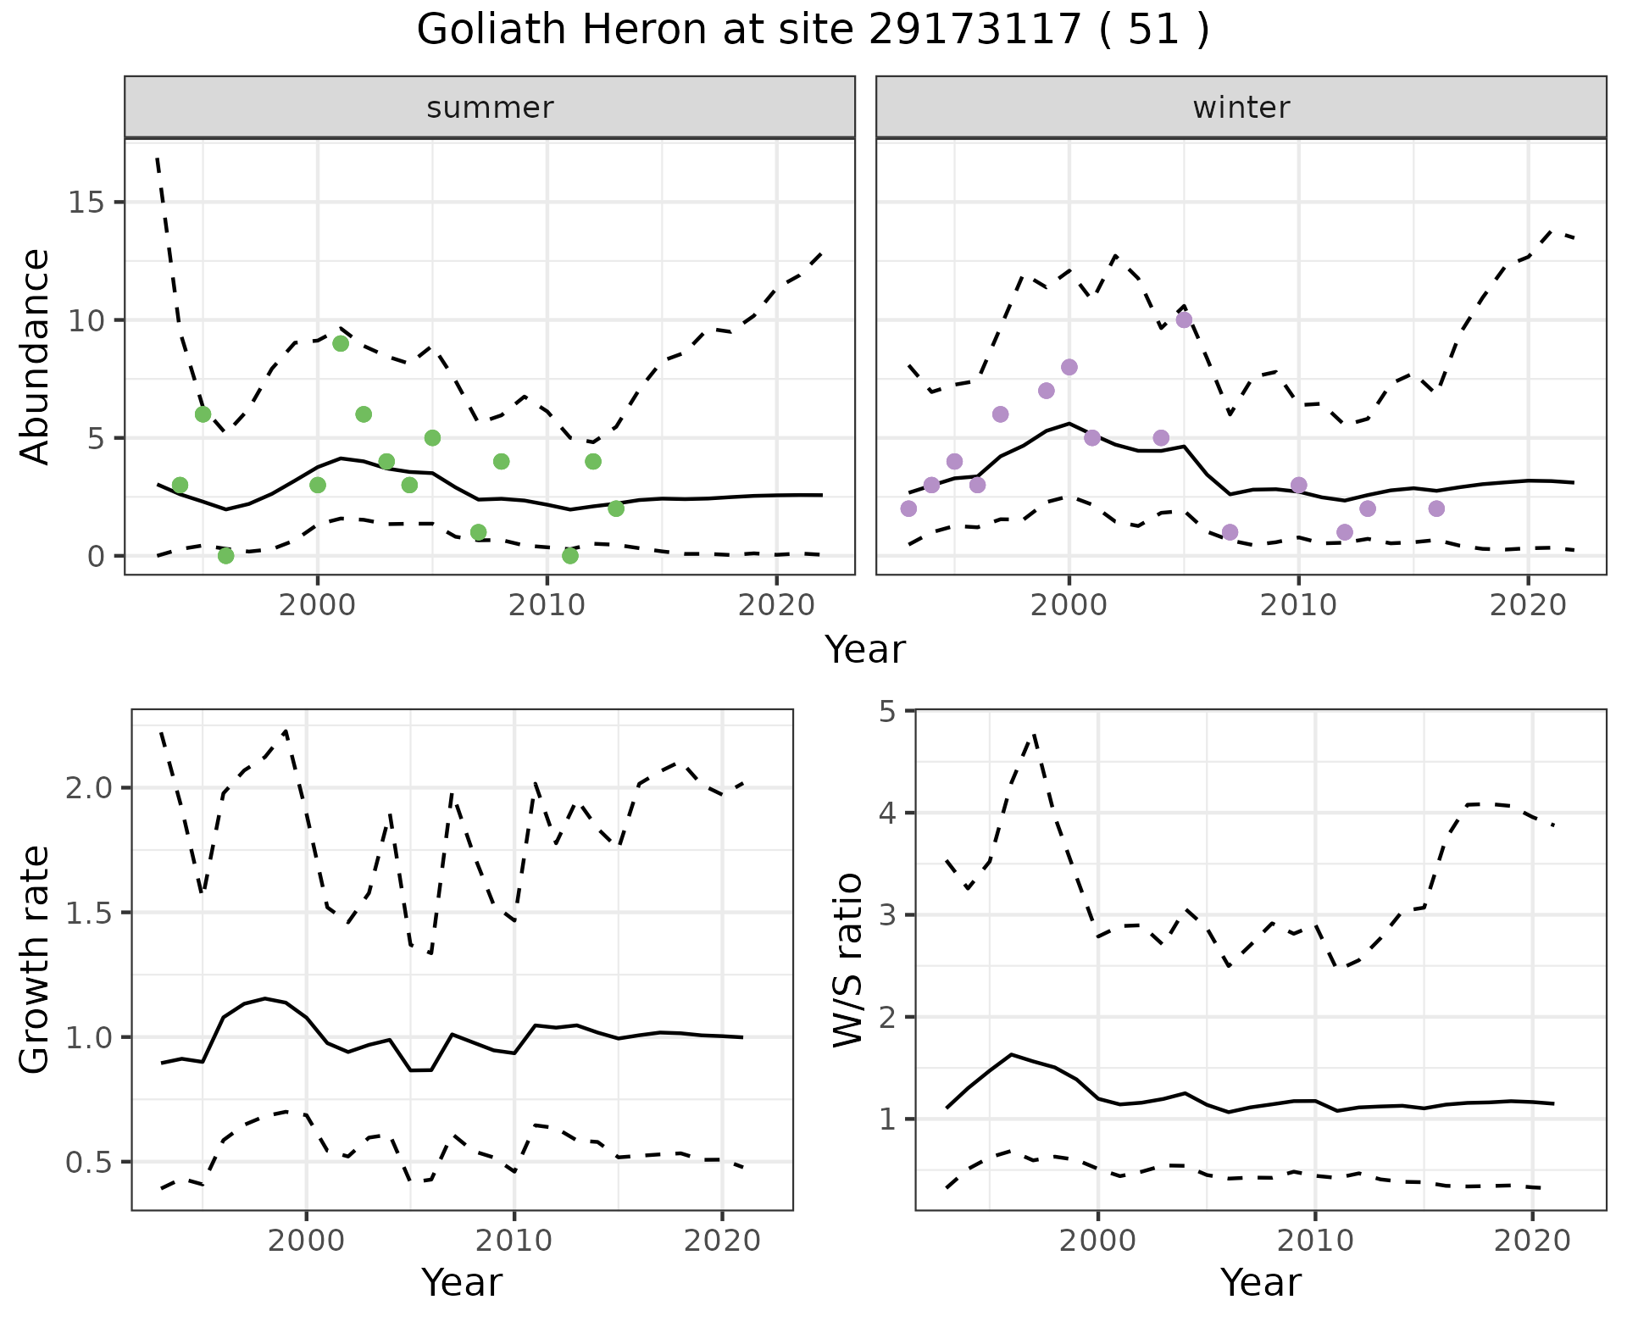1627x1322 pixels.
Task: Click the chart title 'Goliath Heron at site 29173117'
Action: tap(812, 31)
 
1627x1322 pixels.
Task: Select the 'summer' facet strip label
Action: tap(490, 108)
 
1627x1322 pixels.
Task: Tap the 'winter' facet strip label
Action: tap(1241, 108)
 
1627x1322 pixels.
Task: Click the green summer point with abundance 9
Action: tap(341, 343)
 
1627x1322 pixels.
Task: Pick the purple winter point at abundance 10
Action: tap(1184, 319)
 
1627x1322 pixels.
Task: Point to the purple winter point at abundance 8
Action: tap(1069, 367)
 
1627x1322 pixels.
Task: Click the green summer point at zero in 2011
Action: tap(570, 556)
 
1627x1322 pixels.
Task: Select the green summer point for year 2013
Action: tap(616, 508)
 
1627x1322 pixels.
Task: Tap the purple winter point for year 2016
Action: tap(1436, 508)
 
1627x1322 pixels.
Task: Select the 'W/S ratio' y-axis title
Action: tap(847, 959)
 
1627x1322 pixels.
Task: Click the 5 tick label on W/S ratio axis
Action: tap(887, 711)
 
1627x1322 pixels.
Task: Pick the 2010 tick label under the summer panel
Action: tap(547, 606)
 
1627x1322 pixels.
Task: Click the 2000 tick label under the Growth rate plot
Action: tap(306, 1241)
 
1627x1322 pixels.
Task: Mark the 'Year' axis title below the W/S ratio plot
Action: tap(1261, 1282)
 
